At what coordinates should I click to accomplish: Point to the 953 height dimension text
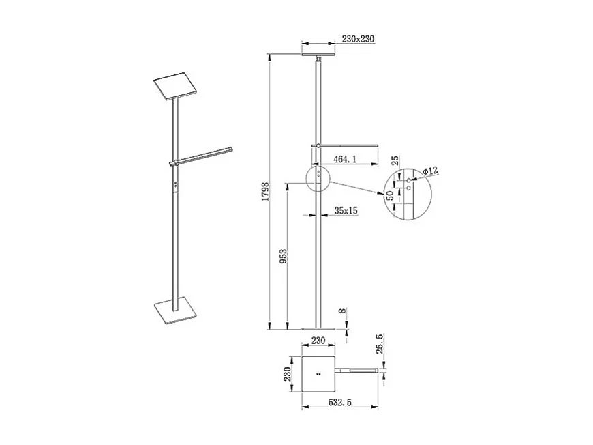[x=283, y=256]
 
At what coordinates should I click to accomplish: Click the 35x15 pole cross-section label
[x=346, y=211]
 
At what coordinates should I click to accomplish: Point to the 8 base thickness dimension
[x=342, y=315]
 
